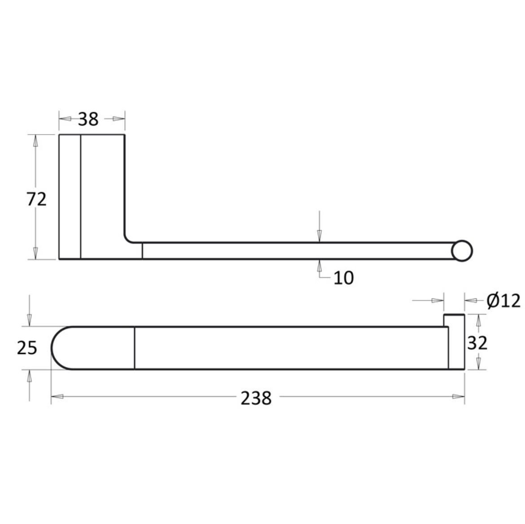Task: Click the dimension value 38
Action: click(x=88, y=119)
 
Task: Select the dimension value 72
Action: click(x=36, y=199)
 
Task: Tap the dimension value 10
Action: click(x=344, y=278)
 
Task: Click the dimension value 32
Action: click(x=477, y=343)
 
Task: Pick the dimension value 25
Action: click(x=27, y=348)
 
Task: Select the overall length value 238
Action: click(x=256, y=398)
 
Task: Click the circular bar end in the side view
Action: click(x=462, y=251)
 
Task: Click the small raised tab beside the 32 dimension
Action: click(x=454, y=319)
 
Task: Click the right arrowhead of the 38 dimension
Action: click(x=118, y=119)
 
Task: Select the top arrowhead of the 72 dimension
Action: click(x=35, y=141)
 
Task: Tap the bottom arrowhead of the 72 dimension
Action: click(x=35, y=253)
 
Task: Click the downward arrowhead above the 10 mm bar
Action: click(x=319, y=236)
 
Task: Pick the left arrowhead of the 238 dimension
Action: click(x=57, y=397)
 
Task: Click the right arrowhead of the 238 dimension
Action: click(x=458, y=397)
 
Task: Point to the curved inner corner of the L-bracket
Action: click(x=128, y=239)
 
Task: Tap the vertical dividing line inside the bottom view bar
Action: click(x=135, y=348)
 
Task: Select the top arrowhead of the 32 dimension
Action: click(x=479, y=320)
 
